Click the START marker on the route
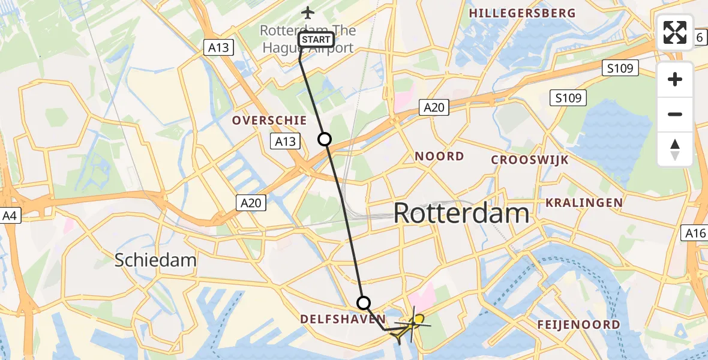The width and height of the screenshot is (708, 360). pos(316,40)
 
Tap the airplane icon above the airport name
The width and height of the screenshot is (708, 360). pos(308,13)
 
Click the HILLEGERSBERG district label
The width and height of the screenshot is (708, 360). pos(522,13)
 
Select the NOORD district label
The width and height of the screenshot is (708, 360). pos(440,157)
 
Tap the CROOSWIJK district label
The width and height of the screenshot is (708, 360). pos(530,160)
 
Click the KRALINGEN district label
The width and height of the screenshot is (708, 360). pos(584,203)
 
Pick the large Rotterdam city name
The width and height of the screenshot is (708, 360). pos(462,214)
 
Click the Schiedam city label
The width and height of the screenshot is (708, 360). pos(155,260)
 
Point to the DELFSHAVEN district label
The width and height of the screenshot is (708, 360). pos(343,319)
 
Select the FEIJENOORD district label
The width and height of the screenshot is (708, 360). pos(579,325)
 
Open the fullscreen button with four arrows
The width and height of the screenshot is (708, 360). pos(675,32)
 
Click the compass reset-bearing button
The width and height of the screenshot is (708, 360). pos(675,149)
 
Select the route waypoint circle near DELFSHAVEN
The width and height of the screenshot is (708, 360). pos(364,303)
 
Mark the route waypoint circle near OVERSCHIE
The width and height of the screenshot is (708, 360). pos(325,140)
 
